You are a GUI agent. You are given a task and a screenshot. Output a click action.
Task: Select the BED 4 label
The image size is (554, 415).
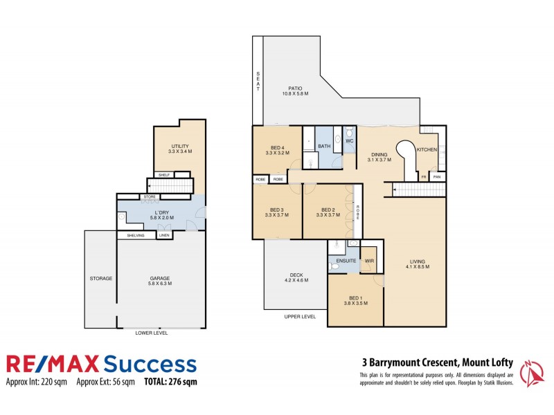[277, 147]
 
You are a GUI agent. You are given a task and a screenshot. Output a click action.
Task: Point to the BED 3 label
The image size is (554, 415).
[277, 210]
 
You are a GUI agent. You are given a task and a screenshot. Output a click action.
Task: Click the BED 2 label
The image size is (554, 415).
[328, 210]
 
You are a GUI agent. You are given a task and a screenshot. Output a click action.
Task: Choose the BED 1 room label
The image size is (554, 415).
[355, 297]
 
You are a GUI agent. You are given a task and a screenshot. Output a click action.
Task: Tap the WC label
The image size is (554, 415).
[350, 140]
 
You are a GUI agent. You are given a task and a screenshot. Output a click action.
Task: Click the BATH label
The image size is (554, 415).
[324, 146]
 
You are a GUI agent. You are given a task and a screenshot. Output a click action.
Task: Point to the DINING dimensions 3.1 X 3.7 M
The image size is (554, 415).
[379, 160]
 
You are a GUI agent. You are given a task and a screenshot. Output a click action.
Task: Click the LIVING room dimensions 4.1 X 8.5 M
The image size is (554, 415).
[418, 266]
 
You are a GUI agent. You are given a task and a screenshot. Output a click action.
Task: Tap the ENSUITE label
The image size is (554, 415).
[346, 261]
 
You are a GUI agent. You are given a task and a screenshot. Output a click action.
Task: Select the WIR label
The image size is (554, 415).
[368, 261]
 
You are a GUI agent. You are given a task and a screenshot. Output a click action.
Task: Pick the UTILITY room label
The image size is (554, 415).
[180, 146]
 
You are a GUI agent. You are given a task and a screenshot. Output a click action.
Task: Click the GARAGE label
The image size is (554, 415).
[161, 278]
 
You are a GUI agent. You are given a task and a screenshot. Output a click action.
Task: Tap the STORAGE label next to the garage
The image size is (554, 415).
[100, 278]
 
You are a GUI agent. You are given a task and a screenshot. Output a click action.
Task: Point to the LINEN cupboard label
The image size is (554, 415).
[164, 235]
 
